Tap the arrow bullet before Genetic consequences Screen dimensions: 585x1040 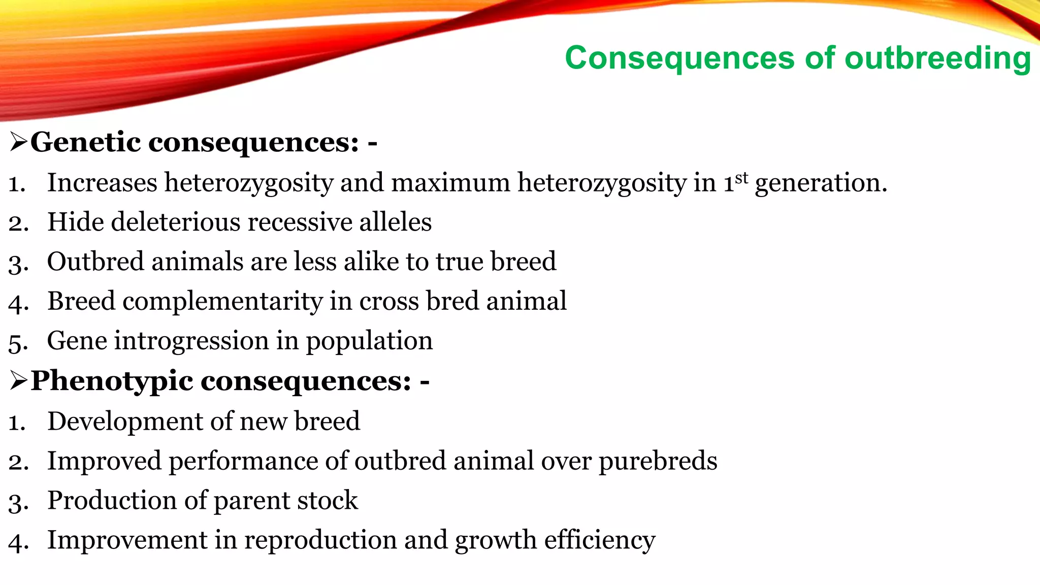18,142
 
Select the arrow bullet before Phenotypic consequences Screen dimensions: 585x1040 18,381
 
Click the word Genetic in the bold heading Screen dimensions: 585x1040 85,142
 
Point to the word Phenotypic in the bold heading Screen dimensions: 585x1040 112,381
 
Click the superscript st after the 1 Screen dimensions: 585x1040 741,178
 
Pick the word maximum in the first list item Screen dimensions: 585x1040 450,183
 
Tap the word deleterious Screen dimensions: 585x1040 176,222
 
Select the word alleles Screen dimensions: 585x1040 395,222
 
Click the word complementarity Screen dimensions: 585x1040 222,302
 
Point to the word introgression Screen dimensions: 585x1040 191,341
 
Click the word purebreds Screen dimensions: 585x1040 658,461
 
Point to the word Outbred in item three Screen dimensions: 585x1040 95,262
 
